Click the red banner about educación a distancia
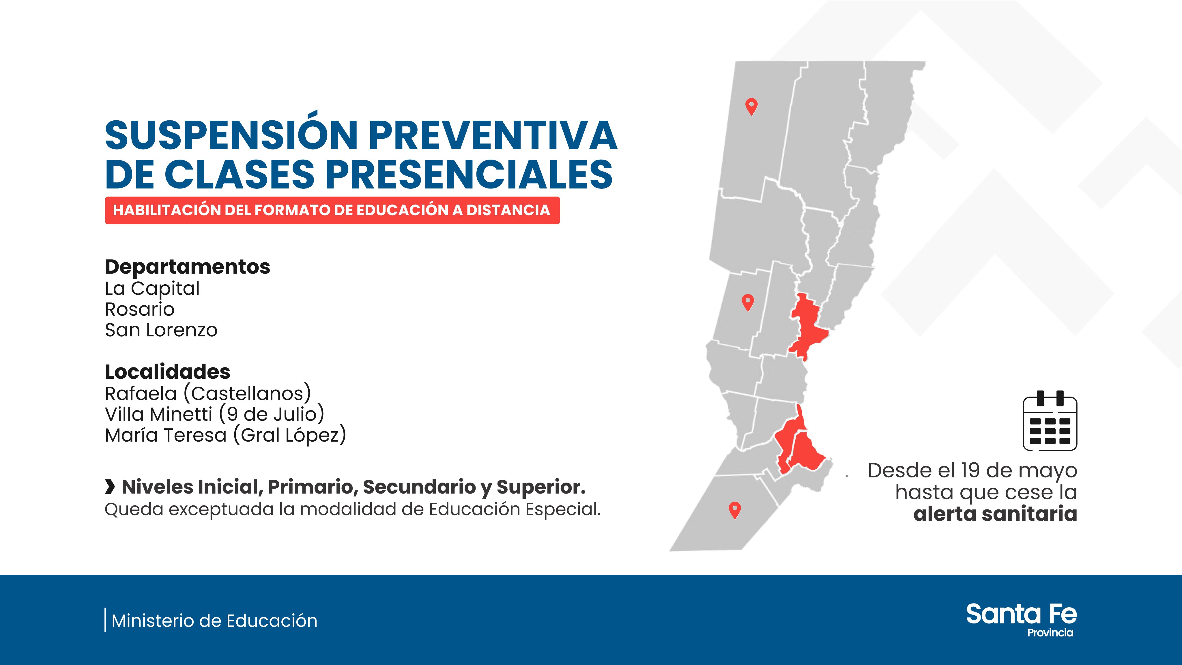[x=332, y=210]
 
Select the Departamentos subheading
[x=187, y=267]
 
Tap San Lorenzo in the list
[x=161, y=330]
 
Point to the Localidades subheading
[x=167, y=372]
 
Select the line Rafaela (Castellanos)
[x=208, y=394]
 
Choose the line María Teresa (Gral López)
[x=225, y=435]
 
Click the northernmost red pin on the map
[x=751, y=107]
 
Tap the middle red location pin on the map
[x=748, y=302]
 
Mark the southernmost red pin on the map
[x=735, y=510]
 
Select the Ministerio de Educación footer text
[x=214, y=621]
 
